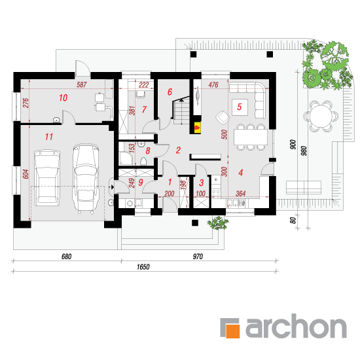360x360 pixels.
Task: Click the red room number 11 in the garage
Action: [x=49, y=137]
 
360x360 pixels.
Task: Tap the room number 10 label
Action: [x=63, y=98]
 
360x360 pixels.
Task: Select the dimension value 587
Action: [x=82, y=84]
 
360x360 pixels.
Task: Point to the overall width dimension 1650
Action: [x=143, y=267]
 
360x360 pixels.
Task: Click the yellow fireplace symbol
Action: [x=198, y=128]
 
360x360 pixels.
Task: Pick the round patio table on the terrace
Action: [x=321, y=116]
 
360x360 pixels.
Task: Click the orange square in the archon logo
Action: [x=232, y=331]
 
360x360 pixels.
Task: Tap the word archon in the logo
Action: [x=296, y=326]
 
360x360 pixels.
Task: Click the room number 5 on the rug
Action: [x=240, y=107]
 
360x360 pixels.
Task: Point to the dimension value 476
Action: [x=213, y=85]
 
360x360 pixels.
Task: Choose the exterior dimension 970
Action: [x=198, y=257]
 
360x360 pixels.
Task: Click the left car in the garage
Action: [x=47, y=177]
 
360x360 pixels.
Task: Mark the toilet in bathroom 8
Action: [x=143, y=161]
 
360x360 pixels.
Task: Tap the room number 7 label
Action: [x=144, y=109]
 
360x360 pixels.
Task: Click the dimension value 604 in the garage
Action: [x=26, y=174]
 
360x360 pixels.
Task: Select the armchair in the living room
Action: [x=223, y=117]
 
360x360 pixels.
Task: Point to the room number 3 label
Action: [x=202, y=183]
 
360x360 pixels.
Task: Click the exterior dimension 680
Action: [x=66, y=257]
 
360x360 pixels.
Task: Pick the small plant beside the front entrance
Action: [x=218, y=223]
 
